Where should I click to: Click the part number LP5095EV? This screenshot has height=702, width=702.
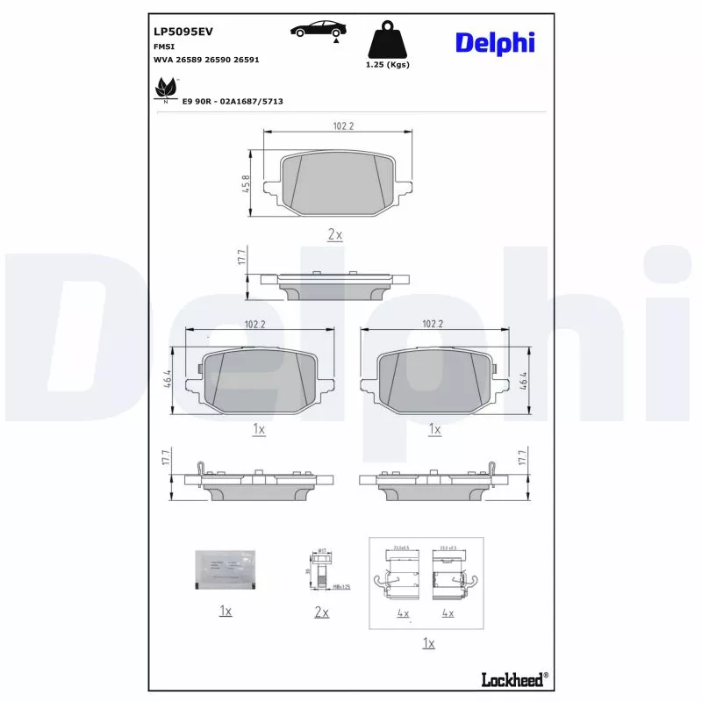pyautogui.click(x=183, y=31)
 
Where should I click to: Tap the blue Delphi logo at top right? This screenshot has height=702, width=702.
pyautogui.click(x=494, y=41)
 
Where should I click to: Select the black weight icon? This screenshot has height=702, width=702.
pyautogui.click(x=387, y=40)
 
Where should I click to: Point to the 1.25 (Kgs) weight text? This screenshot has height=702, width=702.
pyautogui.click(x=387, y=64)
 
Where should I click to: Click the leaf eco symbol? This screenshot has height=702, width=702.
pyautogui.click(x=164, y=90)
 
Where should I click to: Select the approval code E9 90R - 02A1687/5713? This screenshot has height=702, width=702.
pyautogui.click(x=233, y=101)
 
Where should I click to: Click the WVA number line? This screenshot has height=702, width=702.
pyautogui.click(x=205, y=60)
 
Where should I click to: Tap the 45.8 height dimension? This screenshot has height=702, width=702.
pyautogui.click(x=246, y=183)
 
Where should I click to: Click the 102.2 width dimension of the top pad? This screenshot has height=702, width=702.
pyautogui.click(x=342, y=126)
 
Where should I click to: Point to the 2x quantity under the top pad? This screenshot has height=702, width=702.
pyautogui.click(x=334, y=234)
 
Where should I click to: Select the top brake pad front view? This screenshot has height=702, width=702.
pyautogui.click(x=338, y=183)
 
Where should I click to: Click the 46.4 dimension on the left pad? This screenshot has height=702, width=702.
pyautogui.click(x=168, y=379)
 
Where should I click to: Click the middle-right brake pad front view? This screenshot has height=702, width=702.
pyautogui.click(x=433, y=379)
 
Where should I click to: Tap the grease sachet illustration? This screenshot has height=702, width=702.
pyautogui.click(x=226, y=569)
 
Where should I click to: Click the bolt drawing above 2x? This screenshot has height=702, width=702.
pyautogui.click(x=321, y=570)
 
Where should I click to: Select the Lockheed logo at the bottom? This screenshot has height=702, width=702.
pyautogui.click(x=514, y=678)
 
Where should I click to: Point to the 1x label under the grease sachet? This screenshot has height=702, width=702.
pyautogui.click(x=226, y=611)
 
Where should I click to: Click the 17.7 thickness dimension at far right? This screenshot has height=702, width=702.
pyautogui.click(x=524, y=461)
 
